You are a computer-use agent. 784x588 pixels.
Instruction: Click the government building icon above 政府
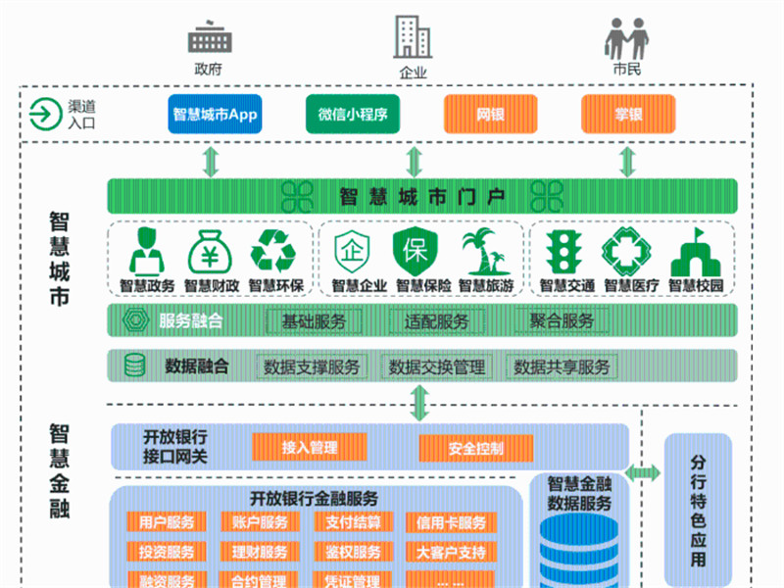(208, 38)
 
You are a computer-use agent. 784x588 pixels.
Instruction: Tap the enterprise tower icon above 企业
(412, 36)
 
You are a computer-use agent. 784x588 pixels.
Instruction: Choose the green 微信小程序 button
(353, 114)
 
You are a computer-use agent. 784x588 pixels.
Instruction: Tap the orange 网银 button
(490, 114)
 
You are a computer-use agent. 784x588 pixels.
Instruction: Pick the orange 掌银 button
(628, 114)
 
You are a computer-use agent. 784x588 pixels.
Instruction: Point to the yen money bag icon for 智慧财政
(208, 251)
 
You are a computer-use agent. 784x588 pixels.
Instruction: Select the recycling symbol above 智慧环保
(272, 251)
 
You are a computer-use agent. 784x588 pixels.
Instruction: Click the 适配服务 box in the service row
(437, 320)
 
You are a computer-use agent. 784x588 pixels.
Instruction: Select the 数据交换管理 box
(437, 367)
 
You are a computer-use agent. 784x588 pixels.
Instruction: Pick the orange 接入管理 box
(310, 448)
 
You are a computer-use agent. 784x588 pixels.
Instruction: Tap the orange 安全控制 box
(476, 449)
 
